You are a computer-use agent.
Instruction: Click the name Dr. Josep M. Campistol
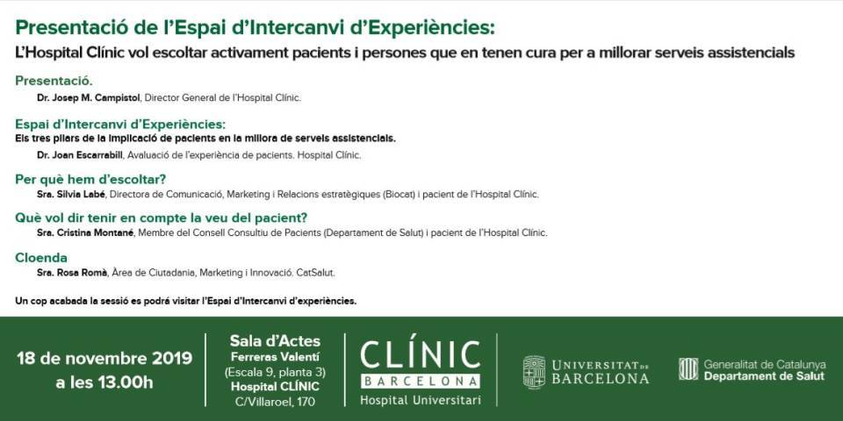89,97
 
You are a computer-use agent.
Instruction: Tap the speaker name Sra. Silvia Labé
71,194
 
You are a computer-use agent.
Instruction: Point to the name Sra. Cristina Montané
85,232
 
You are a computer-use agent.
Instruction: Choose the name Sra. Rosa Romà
72,273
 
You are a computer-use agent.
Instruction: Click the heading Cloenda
41,258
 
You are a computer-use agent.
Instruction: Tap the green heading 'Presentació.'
54,81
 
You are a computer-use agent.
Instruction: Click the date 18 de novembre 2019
104,358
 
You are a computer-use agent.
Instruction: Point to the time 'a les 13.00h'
104,383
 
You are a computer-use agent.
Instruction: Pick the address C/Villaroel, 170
275,402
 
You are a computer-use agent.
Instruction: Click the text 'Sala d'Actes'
275,341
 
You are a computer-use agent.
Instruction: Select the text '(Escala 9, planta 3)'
275,372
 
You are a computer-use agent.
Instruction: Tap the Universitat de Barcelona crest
534,372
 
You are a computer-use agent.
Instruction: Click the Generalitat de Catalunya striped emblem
688,369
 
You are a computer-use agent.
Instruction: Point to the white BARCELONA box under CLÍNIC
420,382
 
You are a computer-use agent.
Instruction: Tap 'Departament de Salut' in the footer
764,376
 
